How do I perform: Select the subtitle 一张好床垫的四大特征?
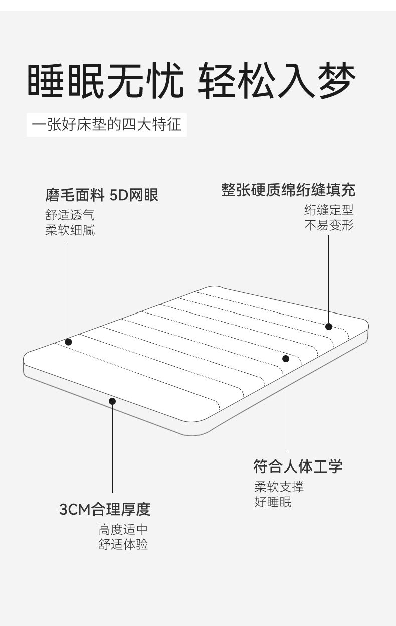click(106, 124)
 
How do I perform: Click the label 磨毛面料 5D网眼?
click(102, 195)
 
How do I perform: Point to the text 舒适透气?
click(70, 216)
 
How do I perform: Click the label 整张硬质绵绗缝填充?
click(288, 190)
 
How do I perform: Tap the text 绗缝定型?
click(329, 210)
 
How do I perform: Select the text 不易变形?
click(329, 225)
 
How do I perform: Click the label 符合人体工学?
click(298, 466)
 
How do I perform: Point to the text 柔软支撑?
click(279, 487)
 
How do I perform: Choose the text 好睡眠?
click(273, 502)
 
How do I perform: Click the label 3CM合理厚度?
click(105, 510)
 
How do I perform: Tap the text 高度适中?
click(123, 530)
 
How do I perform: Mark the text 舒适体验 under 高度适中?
click(123, 544)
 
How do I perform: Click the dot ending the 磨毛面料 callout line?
click(69, 342)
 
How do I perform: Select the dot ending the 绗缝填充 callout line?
click(329, 326)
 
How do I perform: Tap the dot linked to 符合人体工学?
click(286, 358)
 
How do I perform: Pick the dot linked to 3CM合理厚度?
click(112, 401)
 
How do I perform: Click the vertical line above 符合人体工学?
click(286, 406)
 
